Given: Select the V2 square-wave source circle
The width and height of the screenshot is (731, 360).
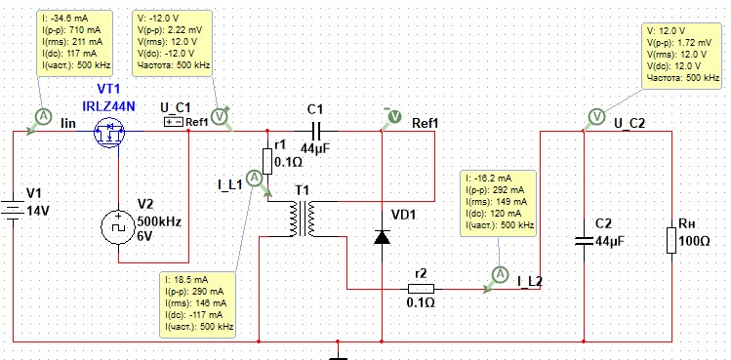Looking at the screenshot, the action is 118,227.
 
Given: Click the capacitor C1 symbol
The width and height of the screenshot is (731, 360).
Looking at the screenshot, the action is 315,131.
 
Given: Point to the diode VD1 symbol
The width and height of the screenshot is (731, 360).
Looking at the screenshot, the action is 382,237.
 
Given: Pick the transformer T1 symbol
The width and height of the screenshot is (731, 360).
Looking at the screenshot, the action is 303,220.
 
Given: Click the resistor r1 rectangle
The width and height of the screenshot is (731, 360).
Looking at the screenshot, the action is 267,161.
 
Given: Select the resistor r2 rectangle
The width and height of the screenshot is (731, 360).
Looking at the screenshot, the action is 421,289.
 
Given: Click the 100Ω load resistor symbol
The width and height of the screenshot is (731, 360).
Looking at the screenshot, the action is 671,240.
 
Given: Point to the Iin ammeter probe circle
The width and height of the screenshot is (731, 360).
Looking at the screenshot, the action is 43,118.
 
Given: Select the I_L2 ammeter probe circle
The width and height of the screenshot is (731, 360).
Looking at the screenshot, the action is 500,274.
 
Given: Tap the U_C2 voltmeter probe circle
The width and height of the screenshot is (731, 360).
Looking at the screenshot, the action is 595,116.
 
